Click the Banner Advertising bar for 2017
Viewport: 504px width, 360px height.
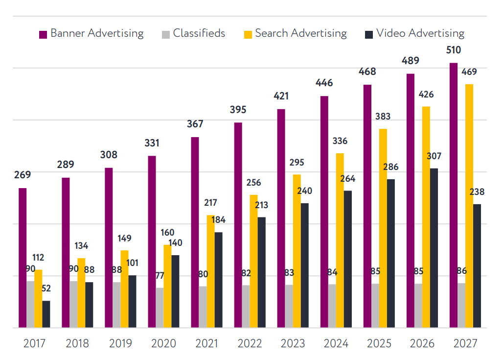pyautogui.click(x=23, y=258)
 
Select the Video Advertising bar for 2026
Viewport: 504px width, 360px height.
pyautogui.click(x=434, y=248)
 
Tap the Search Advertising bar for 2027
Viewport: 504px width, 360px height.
pyautogui.click(x=469, y=206)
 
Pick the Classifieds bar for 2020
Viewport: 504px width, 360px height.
pyautogui.click(x=160, y=308)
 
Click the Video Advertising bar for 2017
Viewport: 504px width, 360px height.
pyautogui.click(x=46, y=314)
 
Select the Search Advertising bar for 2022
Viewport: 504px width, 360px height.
pyautogui.click(x=253, y=261)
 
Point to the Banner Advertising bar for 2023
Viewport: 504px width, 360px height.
pyautogui.click(x=281, y=218)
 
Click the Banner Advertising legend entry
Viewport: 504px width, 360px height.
pyautogui.click(x=92, y=33)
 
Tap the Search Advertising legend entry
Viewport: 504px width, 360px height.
pyautogui.click(x=296, y=33)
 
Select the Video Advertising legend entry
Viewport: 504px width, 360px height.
pyautogui.click(x=414, y=33)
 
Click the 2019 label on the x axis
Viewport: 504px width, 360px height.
pyautogui.click(x=120, y=343)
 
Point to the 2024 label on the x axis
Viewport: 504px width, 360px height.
pyautogui.click(x=336, y=343)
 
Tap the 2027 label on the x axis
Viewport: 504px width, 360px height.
pyautogui.click(x=465, y=343)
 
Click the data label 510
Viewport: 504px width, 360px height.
pyautogui.click(x=453, y=50)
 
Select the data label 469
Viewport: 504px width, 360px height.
pyautogui.click(x=469, y=72)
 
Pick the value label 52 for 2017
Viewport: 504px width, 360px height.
pyautogui.click(x=46, y=289)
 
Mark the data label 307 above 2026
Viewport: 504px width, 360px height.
pyautogui.click(x=434, y=156)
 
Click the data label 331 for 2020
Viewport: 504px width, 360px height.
pyautogui.click(x=152, y=144)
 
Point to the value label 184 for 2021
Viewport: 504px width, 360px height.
pyautogui.click(x=218, y=220)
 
